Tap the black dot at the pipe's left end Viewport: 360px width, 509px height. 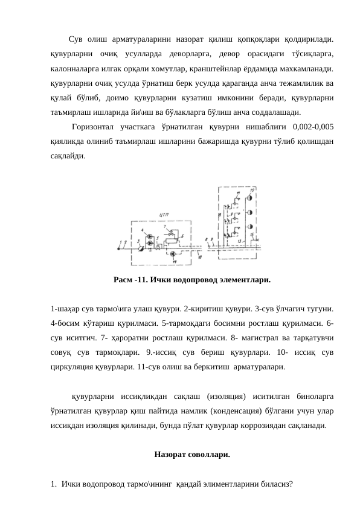[118, 248]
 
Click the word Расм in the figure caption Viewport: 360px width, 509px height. [123, 280]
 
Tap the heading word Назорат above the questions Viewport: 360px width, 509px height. [171, 453]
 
